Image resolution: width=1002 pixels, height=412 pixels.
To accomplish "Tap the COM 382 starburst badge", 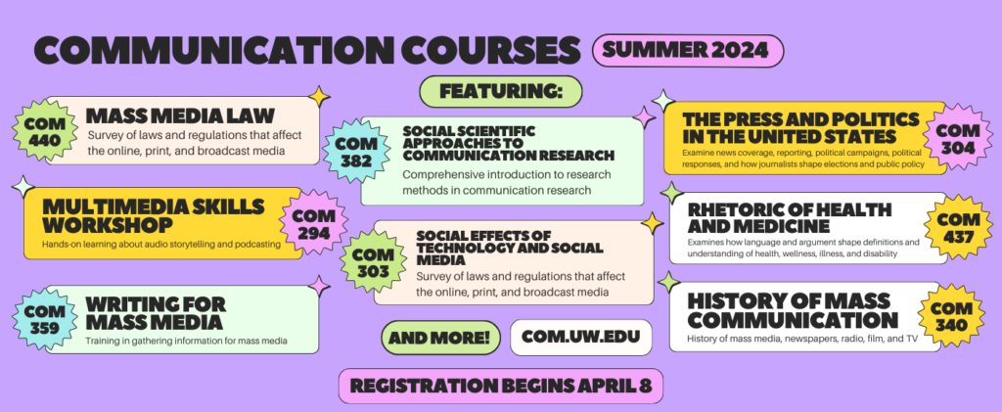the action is tap(352, 152).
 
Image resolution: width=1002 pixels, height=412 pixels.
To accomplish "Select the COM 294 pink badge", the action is tap(313, 223).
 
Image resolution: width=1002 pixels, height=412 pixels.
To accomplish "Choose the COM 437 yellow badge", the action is tap(959, 227).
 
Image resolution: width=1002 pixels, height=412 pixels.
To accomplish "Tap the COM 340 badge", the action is tap(950, 316).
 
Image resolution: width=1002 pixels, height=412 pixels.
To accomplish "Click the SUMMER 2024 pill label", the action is tap(688, 51).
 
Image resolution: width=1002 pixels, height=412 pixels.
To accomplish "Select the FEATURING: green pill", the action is tap(500, 92).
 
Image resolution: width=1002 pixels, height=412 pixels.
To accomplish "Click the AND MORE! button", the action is tap(441, 338).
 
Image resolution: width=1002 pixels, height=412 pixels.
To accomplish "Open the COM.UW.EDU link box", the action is tap(581, 338).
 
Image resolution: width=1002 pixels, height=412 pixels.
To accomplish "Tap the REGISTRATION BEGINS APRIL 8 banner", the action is tap(501, 387).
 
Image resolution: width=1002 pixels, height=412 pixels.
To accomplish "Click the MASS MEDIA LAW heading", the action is tap(180, 115).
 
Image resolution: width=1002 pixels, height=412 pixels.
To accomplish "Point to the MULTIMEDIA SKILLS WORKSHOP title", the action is tap(153, 216).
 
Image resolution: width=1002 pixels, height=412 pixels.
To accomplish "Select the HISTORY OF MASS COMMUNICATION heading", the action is tap(793, 310).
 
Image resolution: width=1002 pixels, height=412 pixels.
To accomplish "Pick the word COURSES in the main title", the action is tap(474, 51).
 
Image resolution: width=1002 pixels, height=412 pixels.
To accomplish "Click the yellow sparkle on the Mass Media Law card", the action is tap(319, 97).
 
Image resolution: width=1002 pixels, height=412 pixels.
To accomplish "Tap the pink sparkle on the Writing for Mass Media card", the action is tap(319, 286).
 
